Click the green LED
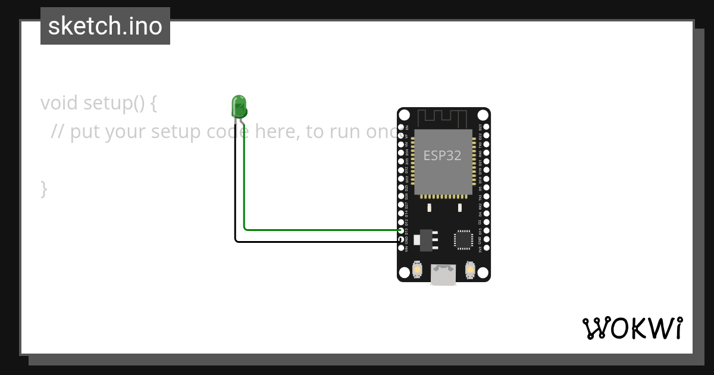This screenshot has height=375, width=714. coord(239,107)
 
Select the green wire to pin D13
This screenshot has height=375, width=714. coord(321,229)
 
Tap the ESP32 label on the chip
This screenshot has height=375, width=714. coord(442,155)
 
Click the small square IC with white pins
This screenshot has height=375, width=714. coord(464,239)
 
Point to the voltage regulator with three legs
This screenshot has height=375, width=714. coord(427,239)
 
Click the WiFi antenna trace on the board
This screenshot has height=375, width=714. coord(443,118)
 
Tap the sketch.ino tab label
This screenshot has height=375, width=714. coord(105,26)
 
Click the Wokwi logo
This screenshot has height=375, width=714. coord(632,328)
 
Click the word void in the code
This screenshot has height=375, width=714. coord(59,103)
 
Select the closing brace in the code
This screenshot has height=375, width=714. coord(44,189)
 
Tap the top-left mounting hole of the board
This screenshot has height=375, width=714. coord(405,115)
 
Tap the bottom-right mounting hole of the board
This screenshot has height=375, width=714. coord(483,272)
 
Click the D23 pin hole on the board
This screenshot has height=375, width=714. coord(486,127)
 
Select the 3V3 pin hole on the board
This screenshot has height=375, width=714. coord(486,248)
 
